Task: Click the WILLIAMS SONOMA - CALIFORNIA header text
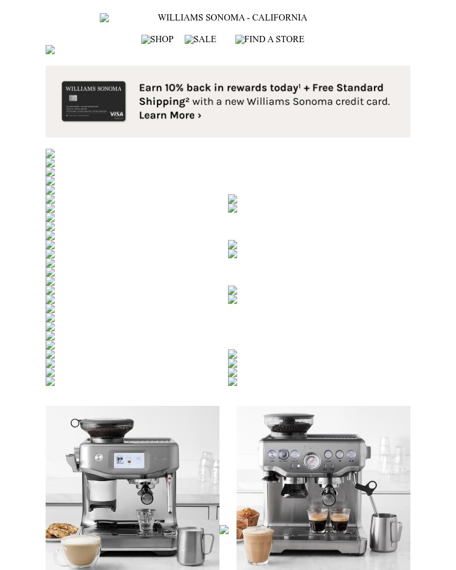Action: point(232,18)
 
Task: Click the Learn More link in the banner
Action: point(170,115)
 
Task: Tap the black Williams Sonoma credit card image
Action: point(93,101)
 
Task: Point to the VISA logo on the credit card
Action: point(116,114)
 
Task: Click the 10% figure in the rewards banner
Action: point(174,88)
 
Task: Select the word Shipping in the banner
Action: point(162,101)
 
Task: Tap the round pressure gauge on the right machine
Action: point(311,459)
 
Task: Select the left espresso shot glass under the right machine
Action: point(317,520)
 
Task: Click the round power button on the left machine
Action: point(99,457)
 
